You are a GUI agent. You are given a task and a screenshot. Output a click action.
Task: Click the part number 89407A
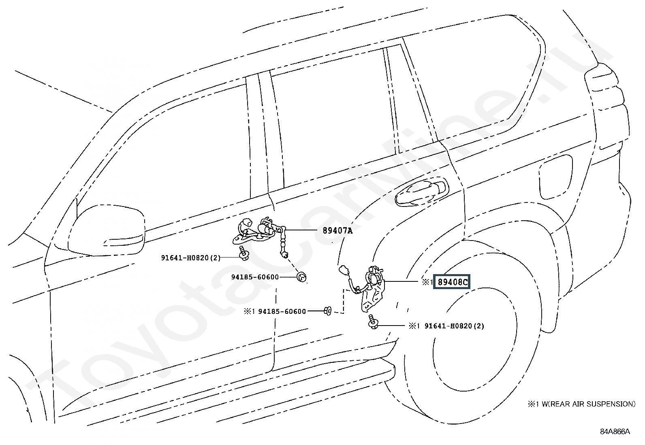point(337,230)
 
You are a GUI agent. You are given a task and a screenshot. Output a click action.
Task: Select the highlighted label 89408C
point(451,282)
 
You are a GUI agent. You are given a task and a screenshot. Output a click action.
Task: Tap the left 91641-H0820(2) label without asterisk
point(190,258)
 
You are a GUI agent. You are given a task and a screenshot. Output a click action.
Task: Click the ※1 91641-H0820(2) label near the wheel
point(446,326)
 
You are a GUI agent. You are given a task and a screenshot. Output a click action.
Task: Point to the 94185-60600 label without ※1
point(255,277)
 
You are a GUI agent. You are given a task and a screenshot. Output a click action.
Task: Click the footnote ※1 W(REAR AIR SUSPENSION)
point(581,404)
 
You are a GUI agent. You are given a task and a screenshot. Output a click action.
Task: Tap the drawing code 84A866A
point(615,432)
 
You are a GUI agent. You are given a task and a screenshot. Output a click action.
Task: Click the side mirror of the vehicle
point(107,230)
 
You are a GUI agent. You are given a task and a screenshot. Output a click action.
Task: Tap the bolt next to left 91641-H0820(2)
point(244,253)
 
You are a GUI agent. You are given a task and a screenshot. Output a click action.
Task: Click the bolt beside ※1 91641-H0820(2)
point(373,322)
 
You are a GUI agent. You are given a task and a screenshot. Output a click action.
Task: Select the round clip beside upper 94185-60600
point(301,277)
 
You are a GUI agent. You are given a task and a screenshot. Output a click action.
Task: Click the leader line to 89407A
point(301,230)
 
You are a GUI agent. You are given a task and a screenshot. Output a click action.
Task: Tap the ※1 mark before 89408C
point(427,282)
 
